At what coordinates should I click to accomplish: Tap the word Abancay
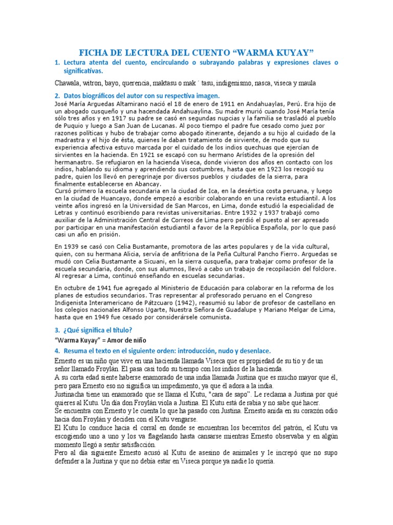point(146,184)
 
